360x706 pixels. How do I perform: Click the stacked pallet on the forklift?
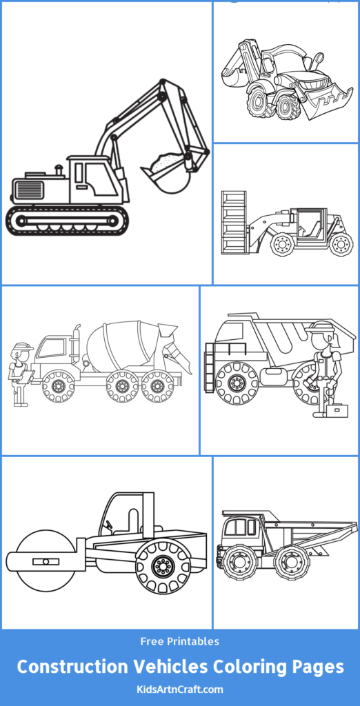click(234, 223)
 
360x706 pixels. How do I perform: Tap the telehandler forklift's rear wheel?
click(341, 244)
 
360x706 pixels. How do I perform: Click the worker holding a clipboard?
click(20, 372)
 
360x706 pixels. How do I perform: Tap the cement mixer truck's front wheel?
click(58, 386)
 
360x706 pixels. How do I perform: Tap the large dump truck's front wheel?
click(237, 384)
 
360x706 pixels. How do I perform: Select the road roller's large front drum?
click(44, 561)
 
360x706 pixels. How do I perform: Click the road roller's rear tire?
click(163, 567)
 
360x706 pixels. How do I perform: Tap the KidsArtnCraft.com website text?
click(179, 689)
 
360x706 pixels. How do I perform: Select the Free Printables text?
click(179, 641)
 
